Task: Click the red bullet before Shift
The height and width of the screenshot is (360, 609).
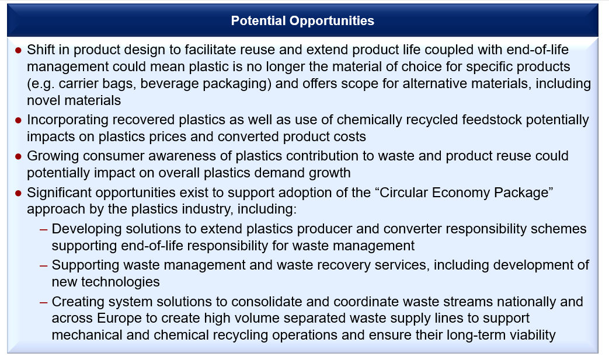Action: click(x=18, y=50)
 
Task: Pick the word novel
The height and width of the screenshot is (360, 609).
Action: click(x=43, y=100)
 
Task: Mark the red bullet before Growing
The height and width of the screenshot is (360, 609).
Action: click(x=18, y=156)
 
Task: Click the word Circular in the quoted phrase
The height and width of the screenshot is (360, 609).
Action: click(x=403, y=193)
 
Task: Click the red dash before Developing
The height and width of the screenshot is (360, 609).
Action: click(x=43, y=230)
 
